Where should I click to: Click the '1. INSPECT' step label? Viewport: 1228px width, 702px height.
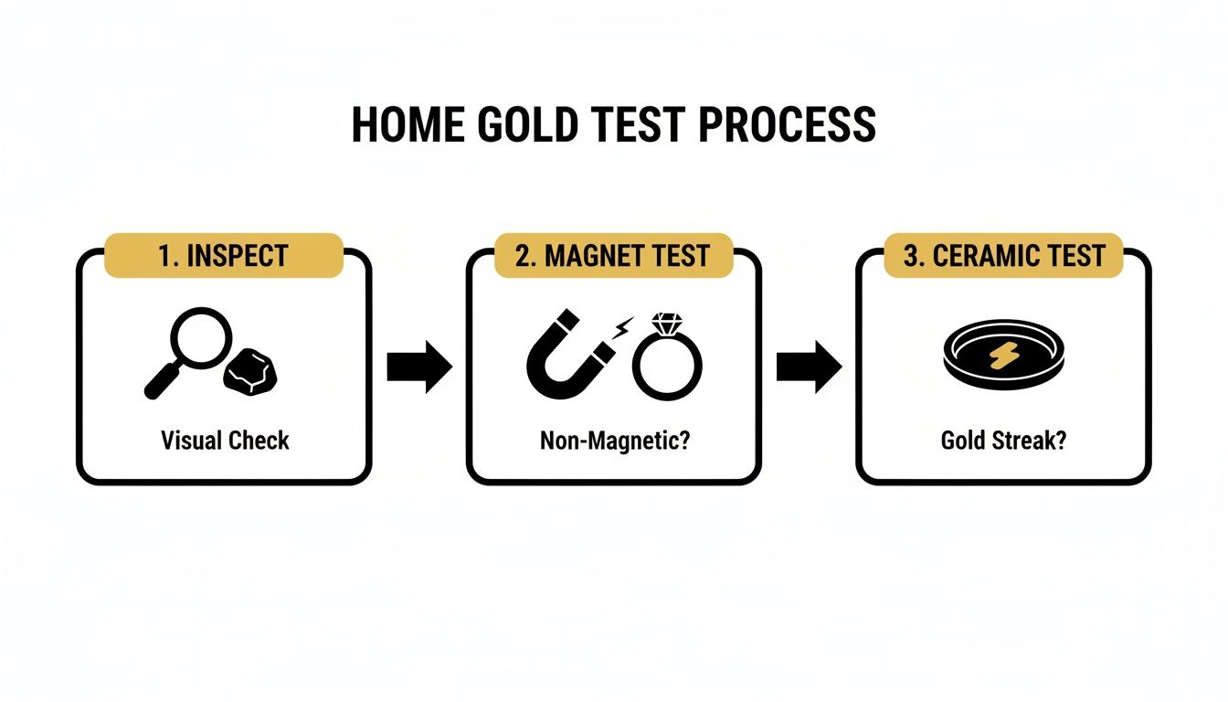(225, 256)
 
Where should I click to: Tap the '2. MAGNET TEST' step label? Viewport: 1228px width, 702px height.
(613, 256)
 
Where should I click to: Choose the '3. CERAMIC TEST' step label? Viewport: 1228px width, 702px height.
(1003, 256)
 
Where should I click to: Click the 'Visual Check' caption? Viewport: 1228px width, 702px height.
(225, 441)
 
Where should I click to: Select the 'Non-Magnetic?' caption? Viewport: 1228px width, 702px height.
(613, 441)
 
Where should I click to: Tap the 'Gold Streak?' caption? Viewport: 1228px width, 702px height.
(1003, 441)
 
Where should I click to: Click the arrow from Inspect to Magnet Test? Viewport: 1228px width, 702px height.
(419, 367)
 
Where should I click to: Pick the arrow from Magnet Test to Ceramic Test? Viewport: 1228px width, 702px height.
(809, 367)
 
